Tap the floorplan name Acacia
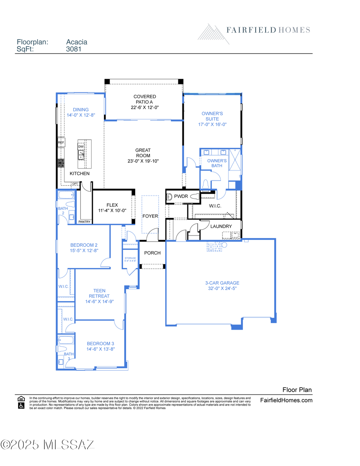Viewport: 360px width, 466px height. [76, 42]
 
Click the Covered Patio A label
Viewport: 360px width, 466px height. [144, 102]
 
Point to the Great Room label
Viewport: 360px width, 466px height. [143, 156]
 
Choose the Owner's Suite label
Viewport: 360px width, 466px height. [212, 119]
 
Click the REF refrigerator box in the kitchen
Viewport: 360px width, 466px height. [61, 142]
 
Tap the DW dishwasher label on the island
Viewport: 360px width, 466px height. [81, 147]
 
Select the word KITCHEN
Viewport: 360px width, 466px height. [80, 174]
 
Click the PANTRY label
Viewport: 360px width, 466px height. [84, 222]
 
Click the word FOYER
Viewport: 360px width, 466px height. [150, 216]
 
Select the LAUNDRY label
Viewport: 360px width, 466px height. [221, 226]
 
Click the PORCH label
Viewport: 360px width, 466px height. [152, 253]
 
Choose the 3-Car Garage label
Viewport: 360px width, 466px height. [220, 286]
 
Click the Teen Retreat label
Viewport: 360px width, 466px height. [100, 296]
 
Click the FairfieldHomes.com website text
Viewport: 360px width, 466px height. [286, 400]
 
